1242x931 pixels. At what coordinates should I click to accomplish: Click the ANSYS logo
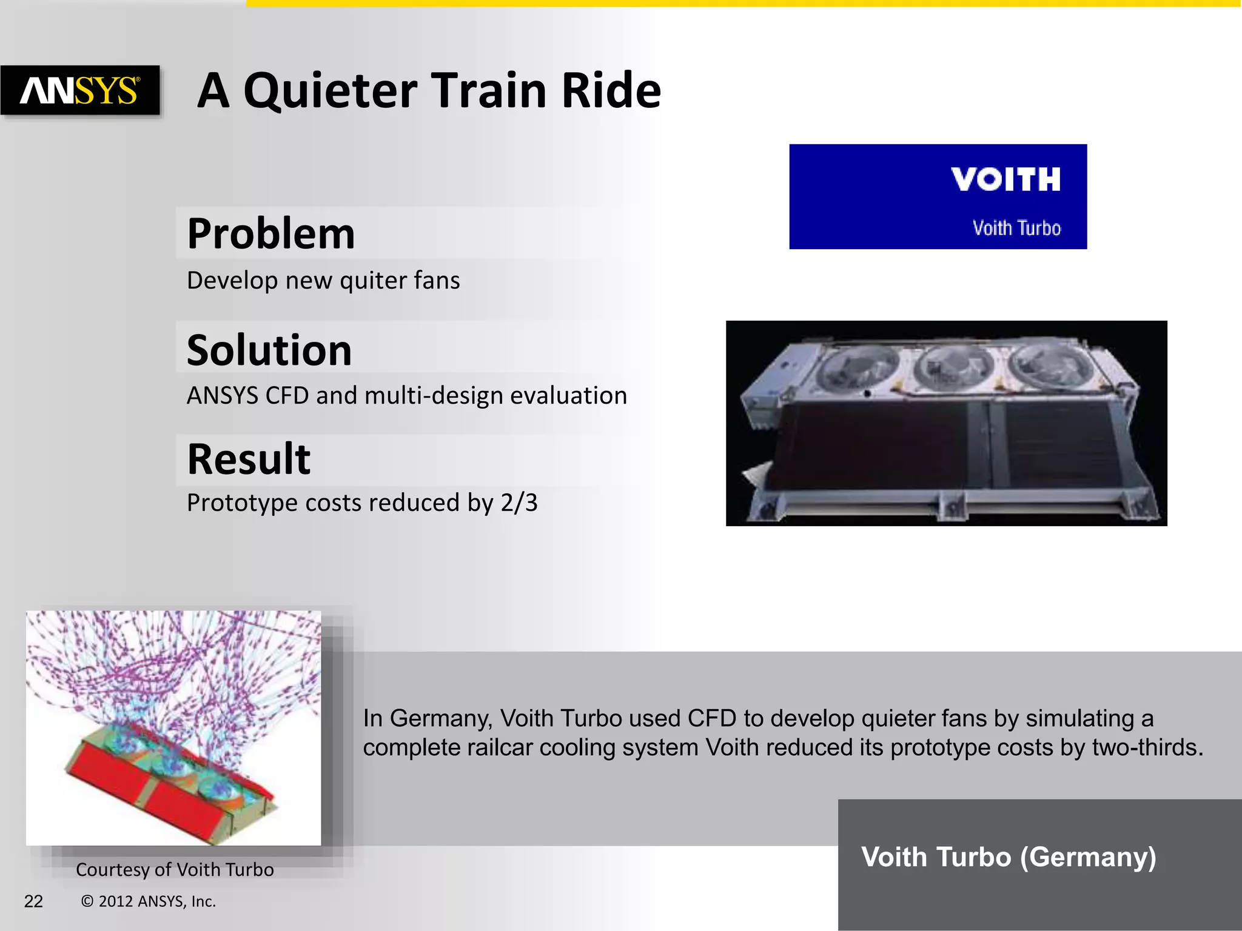(80, 90)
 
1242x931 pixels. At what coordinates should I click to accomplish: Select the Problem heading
(270, 234)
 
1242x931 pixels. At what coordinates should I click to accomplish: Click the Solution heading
(269, 350)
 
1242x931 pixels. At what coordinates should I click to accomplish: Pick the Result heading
(249, 459)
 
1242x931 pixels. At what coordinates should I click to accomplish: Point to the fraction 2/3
(519, 503)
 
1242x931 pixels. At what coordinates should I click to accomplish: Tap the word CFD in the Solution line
(287, 396)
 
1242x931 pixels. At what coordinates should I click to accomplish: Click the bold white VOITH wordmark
(1005, 180)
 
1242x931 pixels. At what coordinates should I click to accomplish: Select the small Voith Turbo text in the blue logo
(1016, 229)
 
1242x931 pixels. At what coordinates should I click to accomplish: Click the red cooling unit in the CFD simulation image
(164, 788)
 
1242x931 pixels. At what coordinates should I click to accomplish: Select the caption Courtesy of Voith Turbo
(175, 870)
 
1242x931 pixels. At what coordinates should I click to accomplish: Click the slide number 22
(33, 902)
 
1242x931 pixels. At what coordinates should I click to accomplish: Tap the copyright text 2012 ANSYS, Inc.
(156, 902)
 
